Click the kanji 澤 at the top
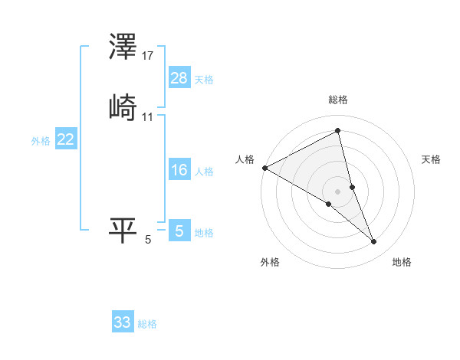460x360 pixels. pyautogui.click(x=123, y=47)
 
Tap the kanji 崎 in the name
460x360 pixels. pyautogui.click(x=123, y=107)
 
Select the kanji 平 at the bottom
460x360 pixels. pyautogui.click(x=123, y=230)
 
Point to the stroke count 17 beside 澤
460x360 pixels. pyautogui.click(x=148, y=56)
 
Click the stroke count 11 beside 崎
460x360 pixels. pyautogui.click(x=148, y=116)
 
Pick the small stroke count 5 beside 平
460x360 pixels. pyautogui.click(x=148, y=240)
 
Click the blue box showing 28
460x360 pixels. pyautogui.click(x=179, y=77)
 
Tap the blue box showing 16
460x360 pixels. pyautogui.click(x=179, y=170)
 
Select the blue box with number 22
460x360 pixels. pyautogui.click(x=66, y=139)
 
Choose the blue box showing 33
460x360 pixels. pyautogui.click(x=123, y=322)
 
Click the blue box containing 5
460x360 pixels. pyautogui.click(x=179, y=231)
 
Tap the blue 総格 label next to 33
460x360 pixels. pyautogui.click(x=147, y=324)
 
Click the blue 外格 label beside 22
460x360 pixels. pyautogui.click(x=41, y=141)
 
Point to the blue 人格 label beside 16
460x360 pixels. pyautogui.click(x=205, y=172)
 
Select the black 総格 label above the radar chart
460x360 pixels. pyautogui.click(x=338, y=100)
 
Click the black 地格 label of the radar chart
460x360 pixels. pyautogui.click(x=402, y=263)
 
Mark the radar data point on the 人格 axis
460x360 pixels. pyautogui.click(x=264, y=168)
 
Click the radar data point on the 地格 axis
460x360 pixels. pyautogui.click(x=374, y=242)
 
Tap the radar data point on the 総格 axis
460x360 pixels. pyautogui.click(x=338, y=131)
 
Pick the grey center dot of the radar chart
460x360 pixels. pyautogui.click(x=338, y=191)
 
